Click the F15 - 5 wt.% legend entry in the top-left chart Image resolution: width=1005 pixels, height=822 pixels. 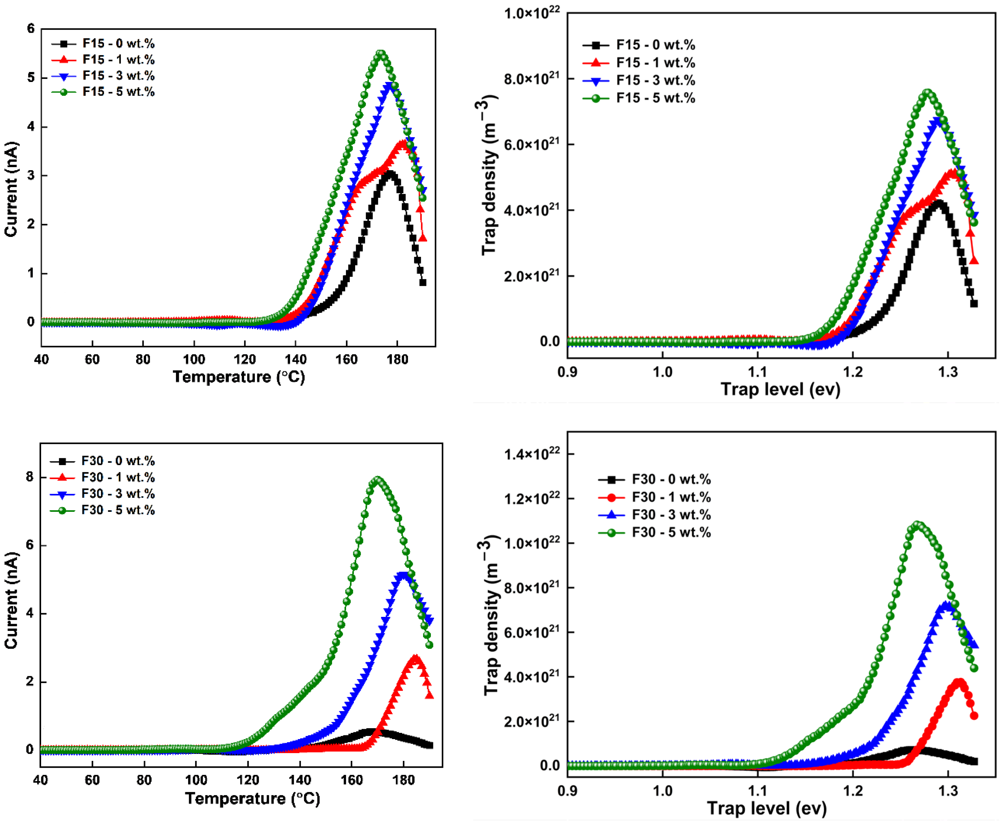point(118,92)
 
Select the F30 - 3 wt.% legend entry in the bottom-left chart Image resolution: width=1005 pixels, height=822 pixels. point(118,494)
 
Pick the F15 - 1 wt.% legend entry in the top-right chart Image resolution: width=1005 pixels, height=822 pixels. point(655,63)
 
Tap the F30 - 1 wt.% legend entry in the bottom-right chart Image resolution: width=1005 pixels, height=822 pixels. point(671,497)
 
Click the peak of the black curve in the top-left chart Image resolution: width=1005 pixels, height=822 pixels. point(390,174)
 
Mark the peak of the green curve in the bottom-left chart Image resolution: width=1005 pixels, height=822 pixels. point(377,480)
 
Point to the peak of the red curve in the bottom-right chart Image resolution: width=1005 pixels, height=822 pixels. point(959,682)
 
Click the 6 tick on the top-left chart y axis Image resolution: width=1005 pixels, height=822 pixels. point(31,29)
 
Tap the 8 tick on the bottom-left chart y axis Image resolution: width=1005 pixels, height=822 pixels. point(30,477)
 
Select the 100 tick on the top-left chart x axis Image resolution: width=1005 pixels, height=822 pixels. point(194,359)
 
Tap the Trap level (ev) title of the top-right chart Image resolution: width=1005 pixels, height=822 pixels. point(780,390)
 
